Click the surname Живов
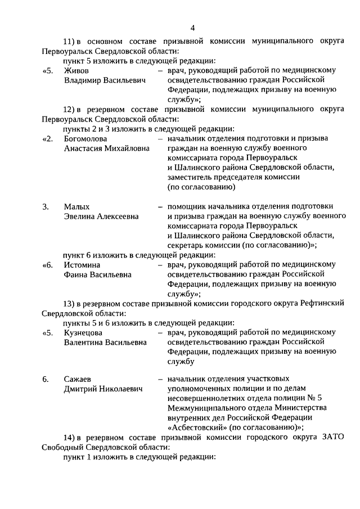click(x=76, y=70)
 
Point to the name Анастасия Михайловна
click(x=107, y=148)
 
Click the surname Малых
click(x=76, y=206)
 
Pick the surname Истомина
click(x=82, y=264)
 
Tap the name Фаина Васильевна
click(x=97, y=274)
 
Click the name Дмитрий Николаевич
click(x=103, y=389)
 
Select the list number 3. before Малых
click(x=46, y=206)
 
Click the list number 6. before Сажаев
click(x=46, y=379)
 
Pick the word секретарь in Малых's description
click(x=188, y=245)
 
